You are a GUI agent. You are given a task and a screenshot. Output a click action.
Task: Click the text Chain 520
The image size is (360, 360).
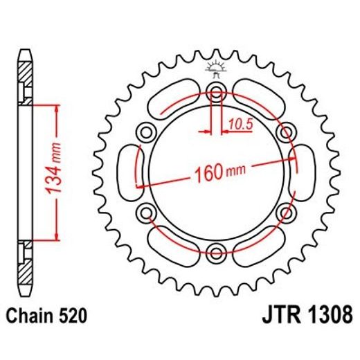(x=48, y=317)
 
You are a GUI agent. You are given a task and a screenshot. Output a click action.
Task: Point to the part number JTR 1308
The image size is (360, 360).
(x=302, y=317)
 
